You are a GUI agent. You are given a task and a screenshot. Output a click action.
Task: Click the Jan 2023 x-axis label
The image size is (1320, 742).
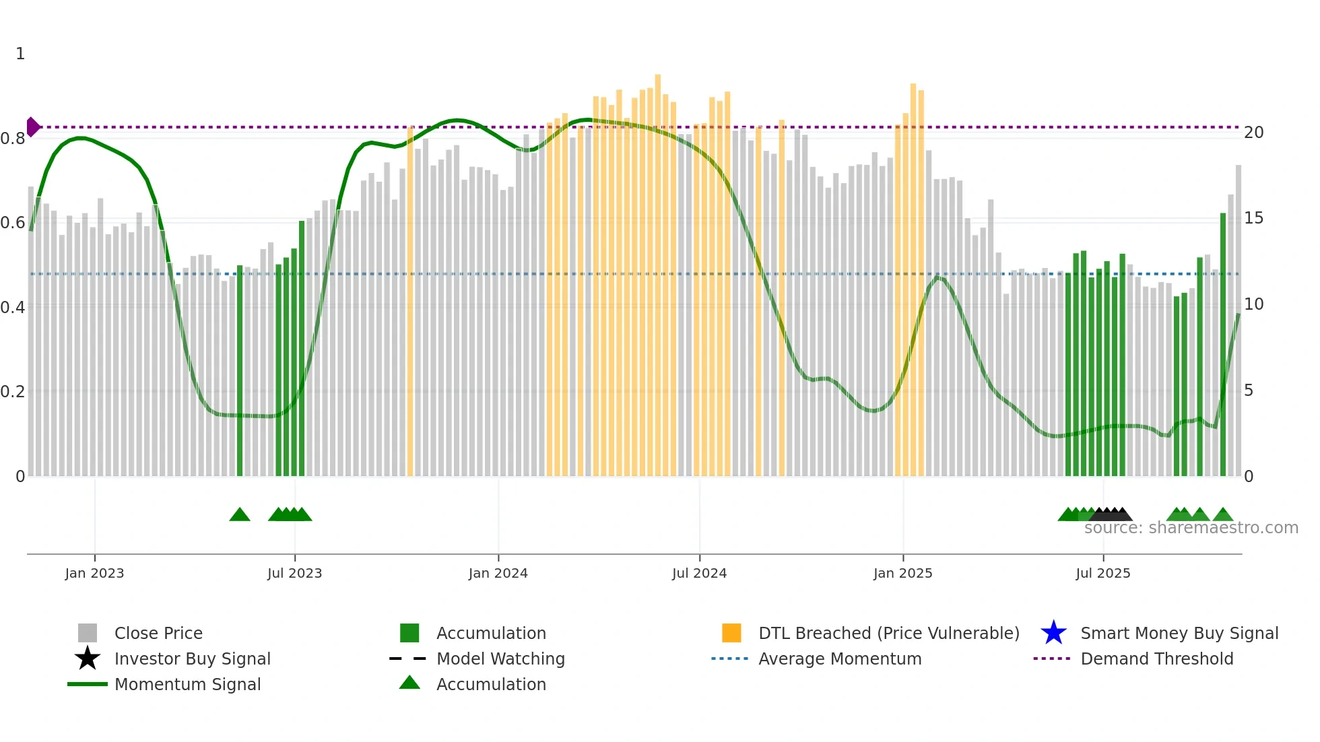[94, 573]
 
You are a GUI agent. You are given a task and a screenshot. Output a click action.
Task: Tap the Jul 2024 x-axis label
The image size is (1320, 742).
[699, 573]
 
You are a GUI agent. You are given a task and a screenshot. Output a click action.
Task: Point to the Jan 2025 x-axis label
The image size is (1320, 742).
[902, 573]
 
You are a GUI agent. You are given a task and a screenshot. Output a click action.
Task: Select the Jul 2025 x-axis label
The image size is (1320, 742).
[1102, 573]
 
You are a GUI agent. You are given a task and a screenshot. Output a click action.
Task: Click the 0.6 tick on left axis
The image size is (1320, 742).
[13, 223]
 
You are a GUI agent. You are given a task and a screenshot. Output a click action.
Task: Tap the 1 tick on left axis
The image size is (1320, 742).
[20, 54]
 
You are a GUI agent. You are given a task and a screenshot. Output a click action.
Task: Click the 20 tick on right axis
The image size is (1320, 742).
[1253, 133]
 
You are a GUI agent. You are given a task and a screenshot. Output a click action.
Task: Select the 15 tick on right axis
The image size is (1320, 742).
[1253, 218]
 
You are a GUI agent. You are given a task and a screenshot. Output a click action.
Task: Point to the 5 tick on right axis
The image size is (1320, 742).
[1249, 391]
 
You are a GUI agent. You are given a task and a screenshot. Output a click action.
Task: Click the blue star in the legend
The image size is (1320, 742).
[1053, 633]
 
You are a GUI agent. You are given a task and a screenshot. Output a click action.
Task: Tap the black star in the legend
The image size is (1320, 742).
[88, 659]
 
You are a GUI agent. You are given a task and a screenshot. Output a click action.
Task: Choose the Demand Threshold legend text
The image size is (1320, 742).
[1156, 659]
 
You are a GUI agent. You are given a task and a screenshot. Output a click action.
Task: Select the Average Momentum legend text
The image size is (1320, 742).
[839, 659]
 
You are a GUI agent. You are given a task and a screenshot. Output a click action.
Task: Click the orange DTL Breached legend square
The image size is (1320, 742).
[731, 633]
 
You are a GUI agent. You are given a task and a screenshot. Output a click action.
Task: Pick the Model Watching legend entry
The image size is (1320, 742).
[500, 659]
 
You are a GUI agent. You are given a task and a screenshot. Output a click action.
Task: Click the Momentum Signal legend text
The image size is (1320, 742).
[187, 684]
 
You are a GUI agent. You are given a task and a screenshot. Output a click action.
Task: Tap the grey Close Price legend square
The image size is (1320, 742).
[88, 633]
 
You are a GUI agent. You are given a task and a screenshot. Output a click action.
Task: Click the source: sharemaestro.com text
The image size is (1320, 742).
[1191, 528]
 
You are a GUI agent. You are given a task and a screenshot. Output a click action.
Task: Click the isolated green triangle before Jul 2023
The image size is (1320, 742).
[240, 515]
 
